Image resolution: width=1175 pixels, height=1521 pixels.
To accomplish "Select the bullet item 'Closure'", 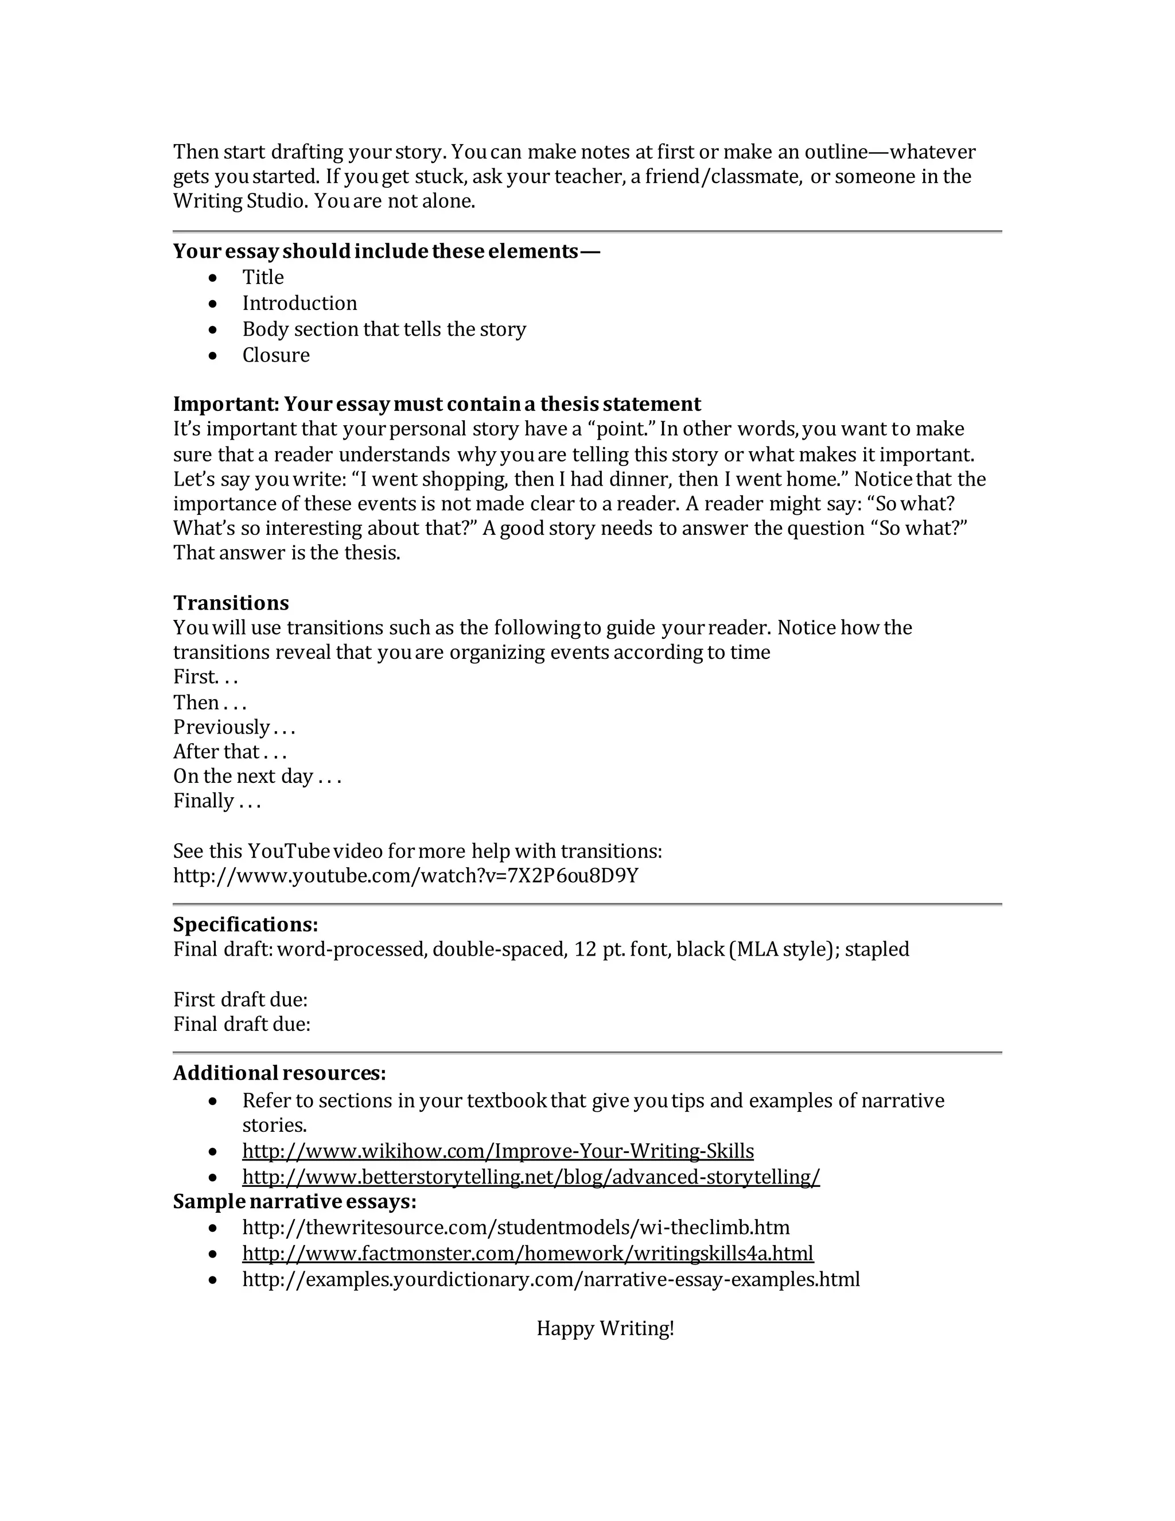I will [x=275, y=355].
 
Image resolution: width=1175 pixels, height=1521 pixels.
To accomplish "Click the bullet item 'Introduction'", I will [x=299, y=303].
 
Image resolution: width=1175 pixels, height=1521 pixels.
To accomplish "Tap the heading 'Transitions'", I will [x=231, y=603].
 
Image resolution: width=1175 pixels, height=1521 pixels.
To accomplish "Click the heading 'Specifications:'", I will [x=246, y=924].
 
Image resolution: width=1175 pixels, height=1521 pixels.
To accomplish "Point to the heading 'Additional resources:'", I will [x=279, y=1073].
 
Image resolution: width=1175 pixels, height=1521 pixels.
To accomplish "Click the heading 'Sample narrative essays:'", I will [x=294, y=1201].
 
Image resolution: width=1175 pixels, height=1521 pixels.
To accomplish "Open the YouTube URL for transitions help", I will [x=405, y=875].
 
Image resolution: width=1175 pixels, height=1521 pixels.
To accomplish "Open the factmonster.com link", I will [x=528, y=1253].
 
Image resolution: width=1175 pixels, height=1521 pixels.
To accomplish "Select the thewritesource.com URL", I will [x=516, y=1227].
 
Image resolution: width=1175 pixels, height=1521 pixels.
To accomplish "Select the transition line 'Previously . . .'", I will [x=234, y=727].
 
